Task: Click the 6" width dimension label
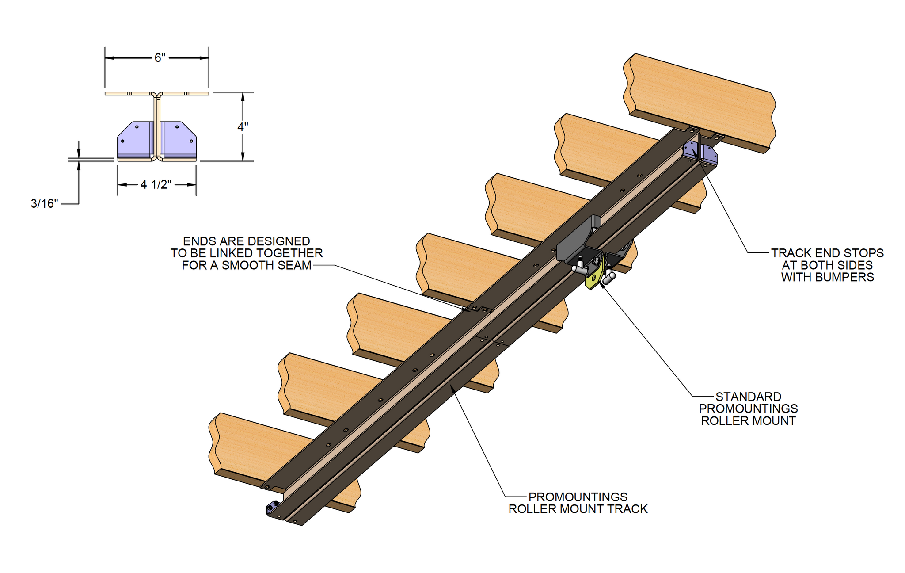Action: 160,58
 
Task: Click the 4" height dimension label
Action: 243,127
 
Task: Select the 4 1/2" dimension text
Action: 156,185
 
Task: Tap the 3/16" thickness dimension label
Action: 44,204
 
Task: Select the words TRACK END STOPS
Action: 827,253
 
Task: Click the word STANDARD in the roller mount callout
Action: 748,397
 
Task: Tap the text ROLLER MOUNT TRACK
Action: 578,509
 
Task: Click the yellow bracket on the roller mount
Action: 593,278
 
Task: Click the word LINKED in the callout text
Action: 230,253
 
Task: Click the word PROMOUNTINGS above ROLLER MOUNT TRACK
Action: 578,497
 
